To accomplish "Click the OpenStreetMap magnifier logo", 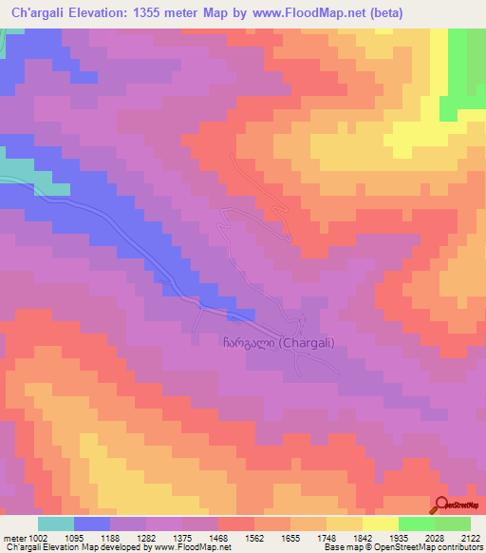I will click(x=442, y=505).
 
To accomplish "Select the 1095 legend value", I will click(x=74, y=539).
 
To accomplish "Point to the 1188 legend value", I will click(x=110, y=539).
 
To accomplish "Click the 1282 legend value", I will click(x=146, y=539).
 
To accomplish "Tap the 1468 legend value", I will click(x=218, y=539).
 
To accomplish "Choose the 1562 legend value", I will click(x=254, y=539).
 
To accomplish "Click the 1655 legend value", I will click(x=290, y=539).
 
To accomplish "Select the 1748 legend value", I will click(x=327, y=539).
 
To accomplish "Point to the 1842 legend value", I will click(x=363, y=539).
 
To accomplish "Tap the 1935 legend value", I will click(x=399, y=539).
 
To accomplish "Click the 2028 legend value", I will click(x=435, y=539).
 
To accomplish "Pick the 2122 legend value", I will click(x=469, y=539).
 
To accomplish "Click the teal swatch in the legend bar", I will click(x=56, y=524).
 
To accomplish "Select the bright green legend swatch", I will click(x=416, y=524).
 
